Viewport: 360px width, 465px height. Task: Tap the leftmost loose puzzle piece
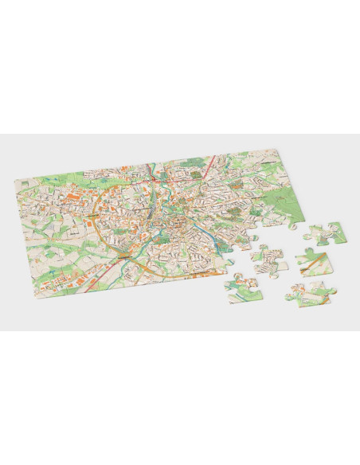[242, 288]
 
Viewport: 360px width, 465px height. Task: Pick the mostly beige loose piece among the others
[269, 260]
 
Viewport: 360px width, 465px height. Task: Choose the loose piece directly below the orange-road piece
[307, 295]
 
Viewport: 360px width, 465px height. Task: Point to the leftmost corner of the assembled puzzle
[17, 179]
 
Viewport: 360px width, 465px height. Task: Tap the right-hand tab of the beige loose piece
[284, 262]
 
